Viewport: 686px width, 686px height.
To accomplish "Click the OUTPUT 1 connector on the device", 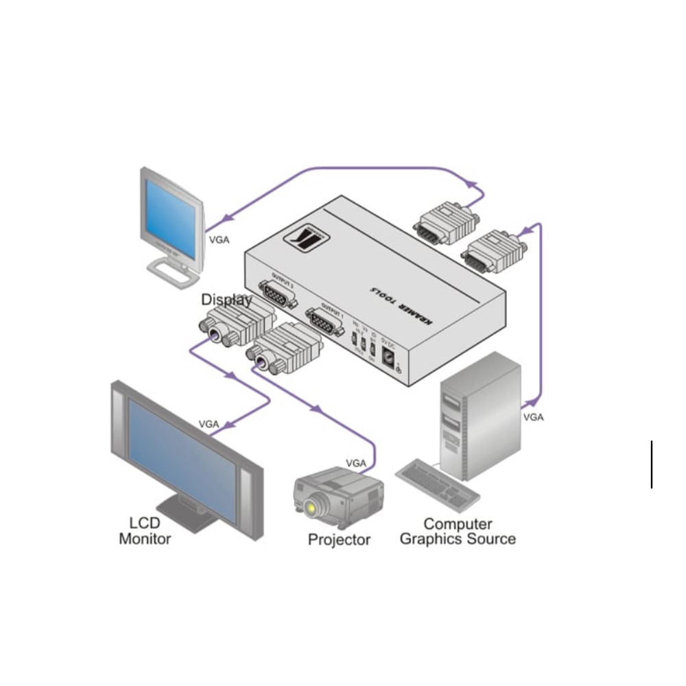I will click(x=324, y=321).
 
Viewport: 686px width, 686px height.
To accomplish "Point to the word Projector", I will click(x=339, y=540).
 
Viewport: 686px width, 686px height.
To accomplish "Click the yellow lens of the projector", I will click(x=314, y=508).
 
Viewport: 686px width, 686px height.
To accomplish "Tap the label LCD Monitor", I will click(x=145, y=530).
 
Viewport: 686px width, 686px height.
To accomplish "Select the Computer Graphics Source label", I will click(x=458, y=532).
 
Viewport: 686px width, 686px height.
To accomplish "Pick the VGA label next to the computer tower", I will click(x=533, y=416).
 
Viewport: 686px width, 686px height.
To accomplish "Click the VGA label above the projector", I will click(x=356, y=463).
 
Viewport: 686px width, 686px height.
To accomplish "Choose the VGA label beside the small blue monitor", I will click(x=218, y=240).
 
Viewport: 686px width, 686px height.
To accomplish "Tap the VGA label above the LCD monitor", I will click(x=209, y=424).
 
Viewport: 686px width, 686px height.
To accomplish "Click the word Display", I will click(x=226, y=300).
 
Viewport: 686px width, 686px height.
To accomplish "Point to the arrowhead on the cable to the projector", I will click(x=316, y=410).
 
